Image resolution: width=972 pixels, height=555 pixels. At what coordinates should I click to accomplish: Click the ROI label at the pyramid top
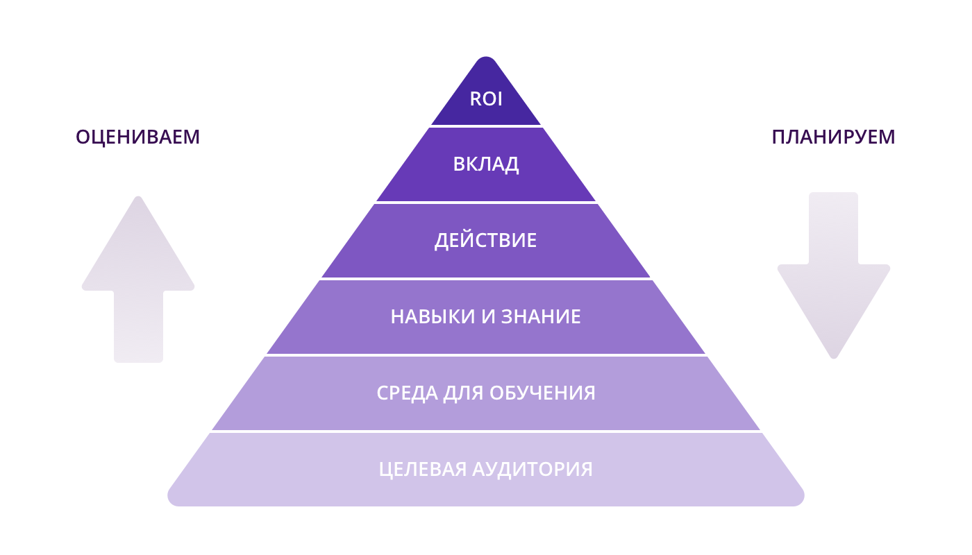coord(486,99)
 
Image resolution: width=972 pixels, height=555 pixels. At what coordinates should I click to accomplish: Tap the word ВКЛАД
coord(486,164)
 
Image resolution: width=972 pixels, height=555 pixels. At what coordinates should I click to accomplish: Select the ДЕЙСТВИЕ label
coord(486,241)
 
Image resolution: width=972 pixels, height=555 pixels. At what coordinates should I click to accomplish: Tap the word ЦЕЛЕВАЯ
coord(423,470)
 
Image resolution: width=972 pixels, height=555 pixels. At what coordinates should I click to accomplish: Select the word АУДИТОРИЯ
coord(533,470)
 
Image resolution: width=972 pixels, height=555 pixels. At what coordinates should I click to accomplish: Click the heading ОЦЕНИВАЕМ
coord(137,137)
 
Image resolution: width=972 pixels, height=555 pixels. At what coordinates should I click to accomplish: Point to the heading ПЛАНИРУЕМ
coord(833,137)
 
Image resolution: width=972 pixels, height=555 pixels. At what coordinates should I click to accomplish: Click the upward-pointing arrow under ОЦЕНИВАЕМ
coord(138,277)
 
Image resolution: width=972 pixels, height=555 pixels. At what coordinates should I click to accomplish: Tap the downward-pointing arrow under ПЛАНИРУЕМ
coord(834,277)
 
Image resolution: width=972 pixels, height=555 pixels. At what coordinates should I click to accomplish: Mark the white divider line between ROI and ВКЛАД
coord(486,126)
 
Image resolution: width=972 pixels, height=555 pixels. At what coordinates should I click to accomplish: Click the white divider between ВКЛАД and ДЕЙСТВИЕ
coord(486,203)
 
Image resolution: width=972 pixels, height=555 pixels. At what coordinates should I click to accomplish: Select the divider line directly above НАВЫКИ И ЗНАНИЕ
coord(486,279)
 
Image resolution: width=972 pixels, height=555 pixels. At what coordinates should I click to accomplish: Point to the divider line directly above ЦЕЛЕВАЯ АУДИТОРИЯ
coord(486,432)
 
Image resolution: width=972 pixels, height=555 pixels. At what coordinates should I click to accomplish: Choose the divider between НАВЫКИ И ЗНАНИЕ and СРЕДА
coord(486,355)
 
